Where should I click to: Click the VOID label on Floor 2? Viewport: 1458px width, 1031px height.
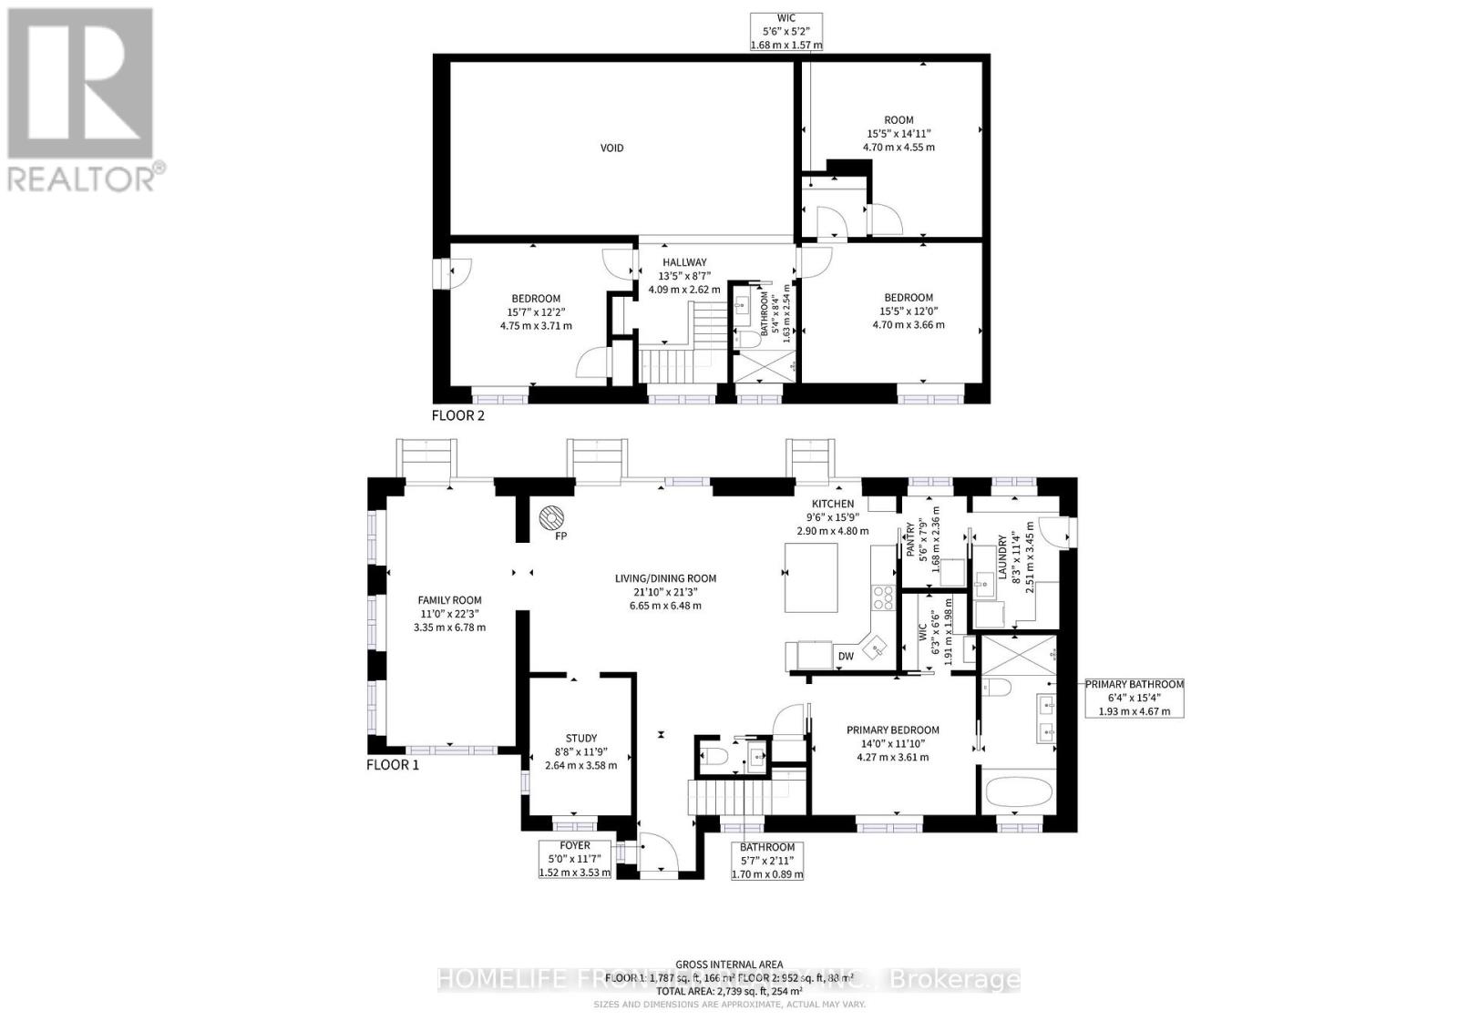611,148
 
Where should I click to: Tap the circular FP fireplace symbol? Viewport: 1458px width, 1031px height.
550,517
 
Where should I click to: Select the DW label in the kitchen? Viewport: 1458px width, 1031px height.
846,655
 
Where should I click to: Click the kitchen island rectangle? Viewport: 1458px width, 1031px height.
811,577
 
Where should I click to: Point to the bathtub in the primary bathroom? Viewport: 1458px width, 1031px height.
1018,791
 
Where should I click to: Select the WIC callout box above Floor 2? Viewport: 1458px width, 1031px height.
785,32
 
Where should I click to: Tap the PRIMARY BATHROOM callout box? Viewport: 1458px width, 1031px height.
1133,698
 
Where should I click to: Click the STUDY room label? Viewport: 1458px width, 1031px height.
580,739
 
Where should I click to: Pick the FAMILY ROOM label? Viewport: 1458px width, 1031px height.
449,600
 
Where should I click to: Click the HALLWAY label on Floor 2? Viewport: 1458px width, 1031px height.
684,262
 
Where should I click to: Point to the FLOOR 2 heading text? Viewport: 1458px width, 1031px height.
457,416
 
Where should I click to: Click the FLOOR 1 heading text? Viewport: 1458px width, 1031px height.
393,765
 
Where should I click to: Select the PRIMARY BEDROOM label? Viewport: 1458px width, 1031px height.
892,730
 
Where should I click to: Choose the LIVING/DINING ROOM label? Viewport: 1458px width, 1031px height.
665,578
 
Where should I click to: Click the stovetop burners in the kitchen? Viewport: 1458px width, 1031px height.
883,597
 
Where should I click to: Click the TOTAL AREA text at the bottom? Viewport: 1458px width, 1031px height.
728,990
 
